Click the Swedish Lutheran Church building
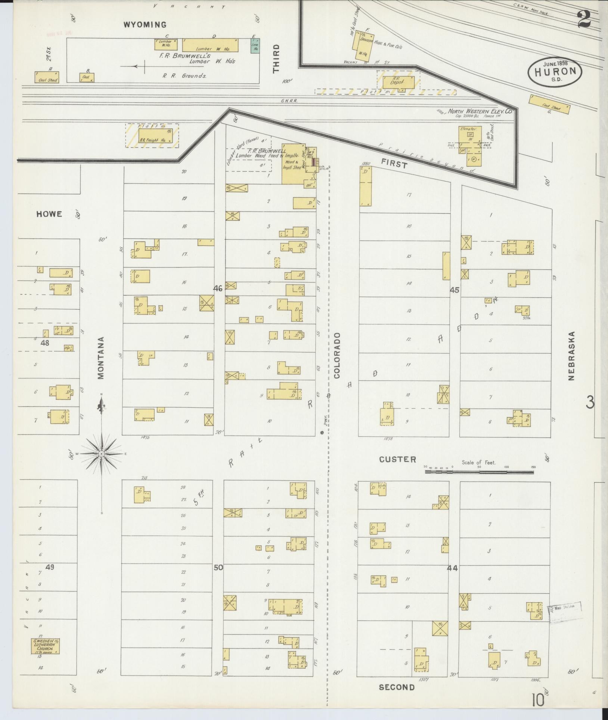point(45,647)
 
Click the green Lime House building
point(255,45)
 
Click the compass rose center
point(101,454)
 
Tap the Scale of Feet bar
point(479,472)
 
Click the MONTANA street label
point(101,358)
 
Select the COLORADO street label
point(337,355)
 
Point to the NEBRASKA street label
point(571,356)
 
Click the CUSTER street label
point(397,460)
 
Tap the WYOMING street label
point(145,25)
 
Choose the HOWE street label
point(49,214)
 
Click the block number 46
point(218,288)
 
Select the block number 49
point(50,577)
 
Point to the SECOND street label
point(397,687)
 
